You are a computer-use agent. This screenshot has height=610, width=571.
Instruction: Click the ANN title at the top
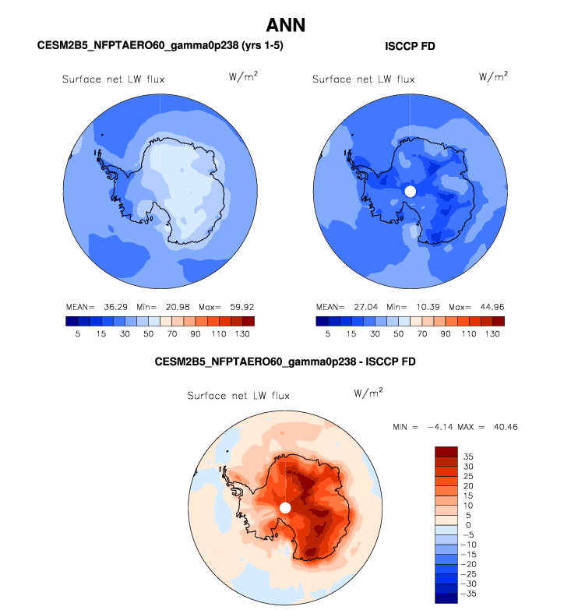[285, 25]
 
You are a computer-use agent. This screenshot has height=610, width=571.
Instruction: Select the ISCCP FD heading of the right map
[410, 46]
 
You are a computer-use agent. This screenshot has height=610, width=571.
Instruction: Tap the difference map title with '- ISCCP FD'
[285, 362]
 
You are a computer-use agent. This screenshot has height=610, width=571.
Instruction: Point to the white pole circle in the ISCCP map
[411, 191]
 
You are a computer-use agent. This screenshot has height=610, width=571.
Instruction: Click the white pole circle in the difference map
[285, 507]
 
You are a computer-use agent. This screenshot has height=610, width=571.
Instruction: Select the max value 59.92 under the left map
[238, 307]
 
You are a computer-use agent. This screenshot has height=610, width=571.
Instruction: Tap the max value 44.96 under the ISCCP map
[488, 307]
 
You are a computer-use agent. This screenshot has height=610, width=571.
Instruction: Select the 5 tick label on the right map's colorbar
[328, 333]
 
